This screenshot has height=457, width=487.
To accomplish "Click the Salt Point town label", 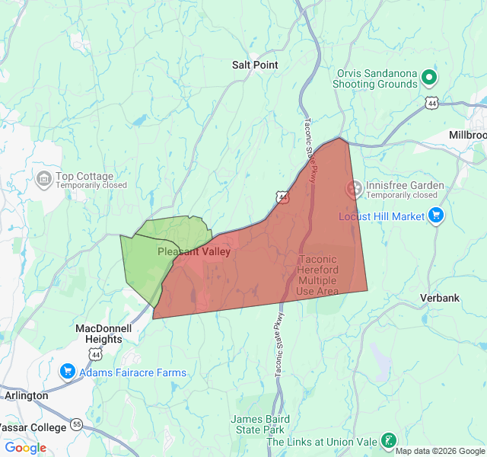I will [255, 66].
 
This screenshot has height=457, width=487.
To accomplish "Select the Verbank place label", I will [440, 298].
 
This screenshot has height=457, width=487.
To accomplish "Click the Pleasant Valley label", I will [194, 251].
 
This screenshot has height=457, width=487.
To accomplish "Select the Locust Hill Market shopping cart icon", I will [435, 216].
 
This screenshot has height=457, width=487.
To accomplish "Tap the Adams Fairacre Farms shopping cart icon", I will [67, 372].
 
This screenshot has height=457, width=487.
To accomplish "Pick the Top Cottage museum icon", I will [43, 180].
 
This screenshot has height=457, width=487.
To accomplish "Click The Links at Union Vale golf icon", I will [388, 440].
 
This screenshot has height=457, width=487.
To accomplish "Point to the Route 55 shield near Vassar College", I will [77, 423].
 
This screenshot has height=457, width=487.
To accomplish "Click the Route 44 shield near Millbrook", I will [432, 102].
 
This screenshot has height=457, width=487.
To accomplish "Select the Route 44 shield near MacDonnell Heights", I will [94, 354].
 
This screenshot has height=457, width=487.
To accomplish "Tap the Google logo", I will [25, 448].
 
